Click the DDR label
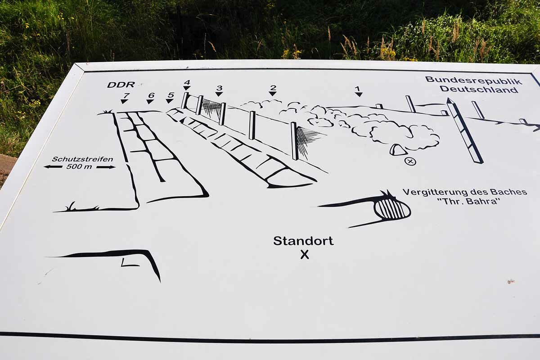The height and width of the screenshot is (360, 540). pyautogui.click(x=121, y=85)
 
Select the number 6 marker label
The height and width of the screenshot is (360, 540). pyautogui.click(x=151, y=95)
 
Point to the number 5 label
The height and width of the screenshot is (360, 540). pyautogui.click(x=170, y=95)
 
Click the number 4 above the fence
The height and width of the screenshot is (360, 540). pyautogui.click(x=187, y=82)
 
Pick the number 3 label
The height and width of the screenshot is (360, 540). pyautogui.click(x=219, y=88)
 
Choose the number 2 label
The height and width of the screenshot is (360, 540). pyautogui.click(x=273, y=87)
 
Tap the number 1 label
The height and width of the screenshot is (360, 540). pyautogui.click(x=358, y=88)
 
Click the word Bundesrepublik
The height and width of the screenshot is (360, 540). pyautogui.click(x=473, y=81)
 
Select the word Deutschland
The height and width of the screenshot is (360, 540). pyautogui.click(x=479, y=89)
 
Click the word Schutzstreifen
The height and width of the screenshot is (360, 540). pyautogui.click(x=82, y=159)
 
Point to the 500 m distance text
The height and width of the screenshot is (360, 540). pyautogui.click(x=80, y=166)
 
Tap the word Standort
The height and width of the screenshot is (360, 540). pyautogui.click(x=303, y=241)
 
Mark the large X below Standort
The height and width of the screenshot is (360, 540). pyautogui.click(x=305, y=255)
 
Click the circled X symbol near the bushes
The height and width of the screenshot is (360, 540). pyautogui.click(x=410, y=161)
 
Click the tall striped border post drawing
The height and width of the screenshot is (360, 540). pyautogui.click(x=465, y=130)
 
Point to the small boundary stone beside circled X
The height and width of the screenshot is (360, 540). pyautogui.click(x=398, y=150)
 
